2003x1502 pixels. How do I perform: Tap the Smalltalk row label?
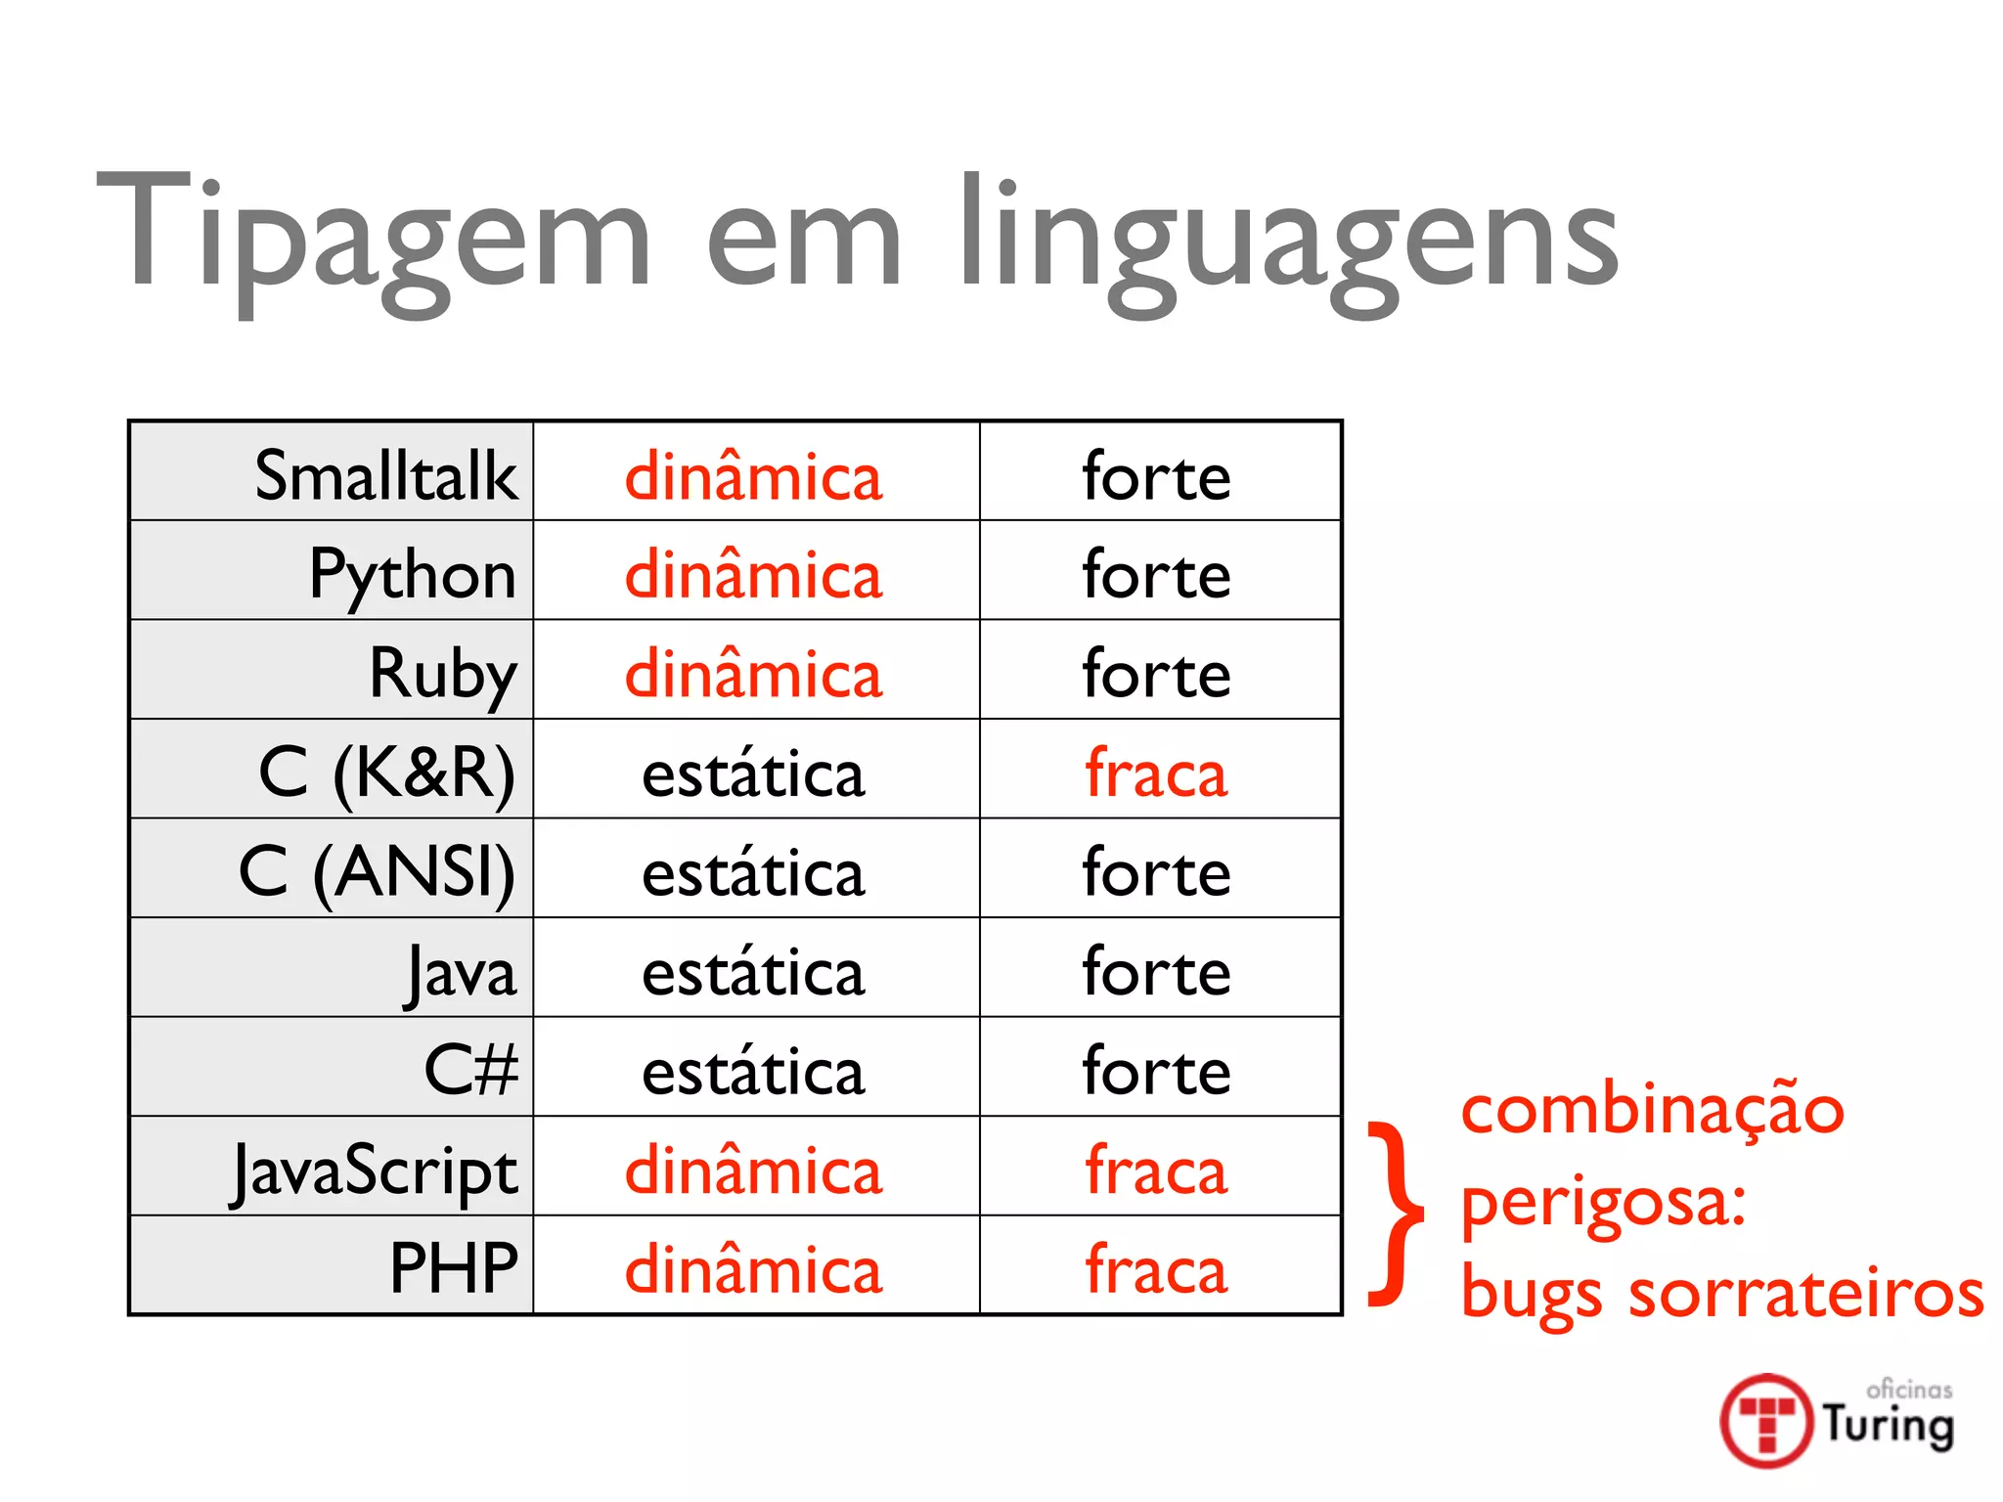pos(385,476)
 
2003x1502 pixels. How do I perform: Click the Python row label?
pos(413,575)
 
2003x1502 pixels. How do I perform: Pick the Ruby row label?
pos(443,674)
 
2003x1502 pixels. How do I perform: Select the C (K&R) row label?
pos(387,773)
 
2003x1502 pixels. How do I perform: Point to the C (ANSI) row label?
pos(378,871)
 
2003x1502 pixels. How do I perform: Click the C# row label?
pos(470,1069)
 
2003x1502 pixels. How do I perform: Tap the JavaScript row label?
pos(375,1170)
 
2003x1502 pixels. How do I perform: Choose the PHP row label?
pos(454,1268)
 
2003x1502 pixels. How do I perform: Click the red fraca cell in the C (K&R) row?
pos(1156,773)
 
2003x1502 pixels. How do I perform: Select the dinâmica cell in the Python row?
pos(753,575)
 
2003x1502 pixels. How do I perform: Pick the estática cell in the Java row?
pos(753,972)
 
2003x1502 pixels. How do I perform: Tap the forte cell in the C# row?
pos(1156,1071)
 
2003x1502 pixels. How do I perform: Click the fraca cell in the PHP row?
pos(1156,1269)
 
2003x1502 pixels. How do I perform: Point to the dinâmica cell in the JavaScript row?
pos(753,1171)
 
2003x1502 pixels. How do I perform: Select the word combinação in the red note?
pos(1653,1112)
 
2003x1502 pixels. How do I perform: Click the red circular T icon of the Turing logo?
pos(1766,1421)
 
